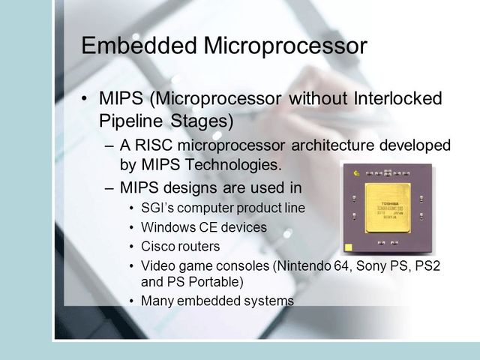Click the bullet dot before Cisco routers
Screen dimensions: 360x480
point(133,246)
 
